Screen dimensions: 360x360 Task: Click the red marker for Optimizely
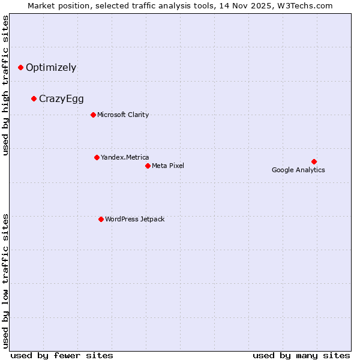(21, 68)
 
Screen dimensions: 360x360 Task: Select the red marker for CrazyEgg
(34, 99)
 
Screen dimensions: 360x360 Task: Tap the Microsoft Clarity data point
(93, 115)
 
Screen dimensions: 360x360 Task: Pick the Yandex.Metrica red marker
(97, 157)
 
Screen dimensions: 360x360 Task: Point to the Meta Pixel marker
(148, 166)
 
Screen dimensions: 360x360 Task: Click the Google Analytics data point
(314, 161)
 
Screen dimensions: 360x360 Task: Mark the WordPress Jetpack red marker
(101, 219)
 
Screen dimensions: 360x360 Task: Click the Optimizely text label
(51, 68)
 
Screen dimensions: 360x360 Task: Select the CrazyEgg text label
(61, 99)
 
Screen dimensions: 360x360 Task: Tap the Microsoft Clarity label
(123, 115)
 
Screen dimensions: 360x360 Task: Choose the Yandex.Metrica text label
(125, 157)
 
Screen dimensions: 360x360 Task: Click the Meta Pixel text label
(168, 166)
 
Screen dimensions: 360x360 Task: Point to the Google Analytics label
(298, 170)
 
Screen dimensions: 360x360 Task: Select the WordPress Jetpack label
(134, 219)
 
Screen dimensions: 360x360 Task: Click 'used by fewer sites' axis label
(62, 355)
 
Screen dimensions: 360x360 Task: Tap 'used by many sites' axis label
(301, 355)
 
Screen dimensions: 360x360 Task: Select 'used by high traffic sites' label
(6, 85)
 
